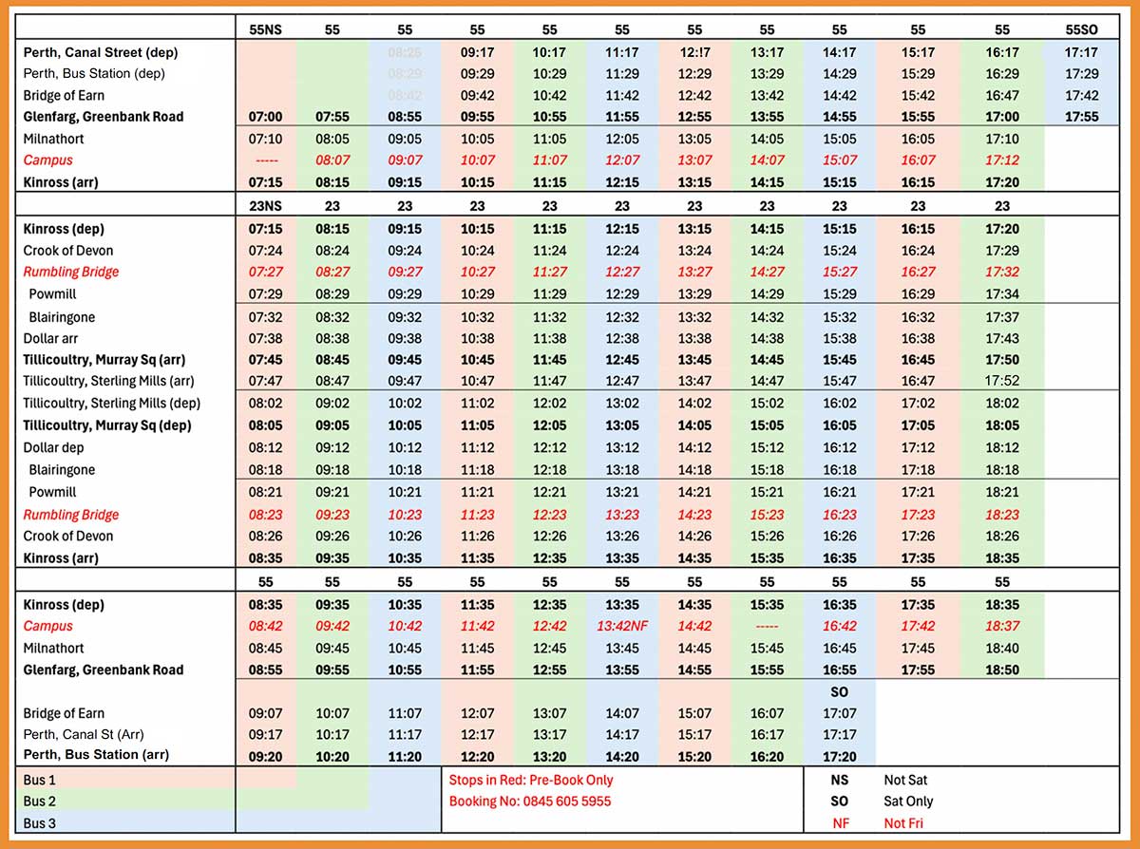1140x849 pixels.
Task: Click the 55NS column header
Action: (265, 29)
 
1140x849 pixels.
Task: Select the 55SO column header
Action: (1081, 29)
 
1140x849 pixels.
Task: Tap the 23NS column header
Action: (265, 206)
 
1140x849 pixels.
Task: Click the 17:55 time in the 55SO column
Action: (1081, 117)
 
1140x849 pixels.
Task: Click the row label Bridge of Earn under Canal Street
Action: (64, 95)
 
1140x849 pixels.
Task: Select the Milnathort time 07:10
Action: (265, 139)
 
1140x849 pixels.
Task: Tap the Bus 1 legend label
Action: (41, 780)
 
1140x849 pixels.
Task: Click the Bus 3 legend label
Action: (41, 823)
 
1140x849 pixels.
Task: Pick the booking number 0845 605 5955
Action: (530, 801)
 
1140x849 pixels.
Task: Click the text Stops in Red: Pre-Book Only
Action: (530, 780)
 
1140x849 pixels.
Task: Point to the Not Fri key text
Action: (905, 823)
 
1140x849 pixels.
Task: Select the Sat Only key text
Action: (908, 802)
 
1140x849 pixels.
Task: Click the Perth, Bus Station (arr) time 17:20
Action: (839, 757)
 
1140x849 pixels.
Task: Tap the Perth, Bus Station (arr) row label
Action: (84, 756)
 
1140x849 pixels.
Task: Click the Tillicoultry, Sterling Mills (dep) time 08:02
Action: (265, 404)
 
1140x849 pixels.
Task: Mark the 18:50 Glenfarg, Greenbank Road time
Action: (1001, 670)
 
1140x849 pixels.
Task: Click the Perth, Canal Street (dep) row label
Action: (101, 52)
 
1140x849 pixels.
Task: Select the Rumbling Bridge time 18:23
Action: (1001, 515)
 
